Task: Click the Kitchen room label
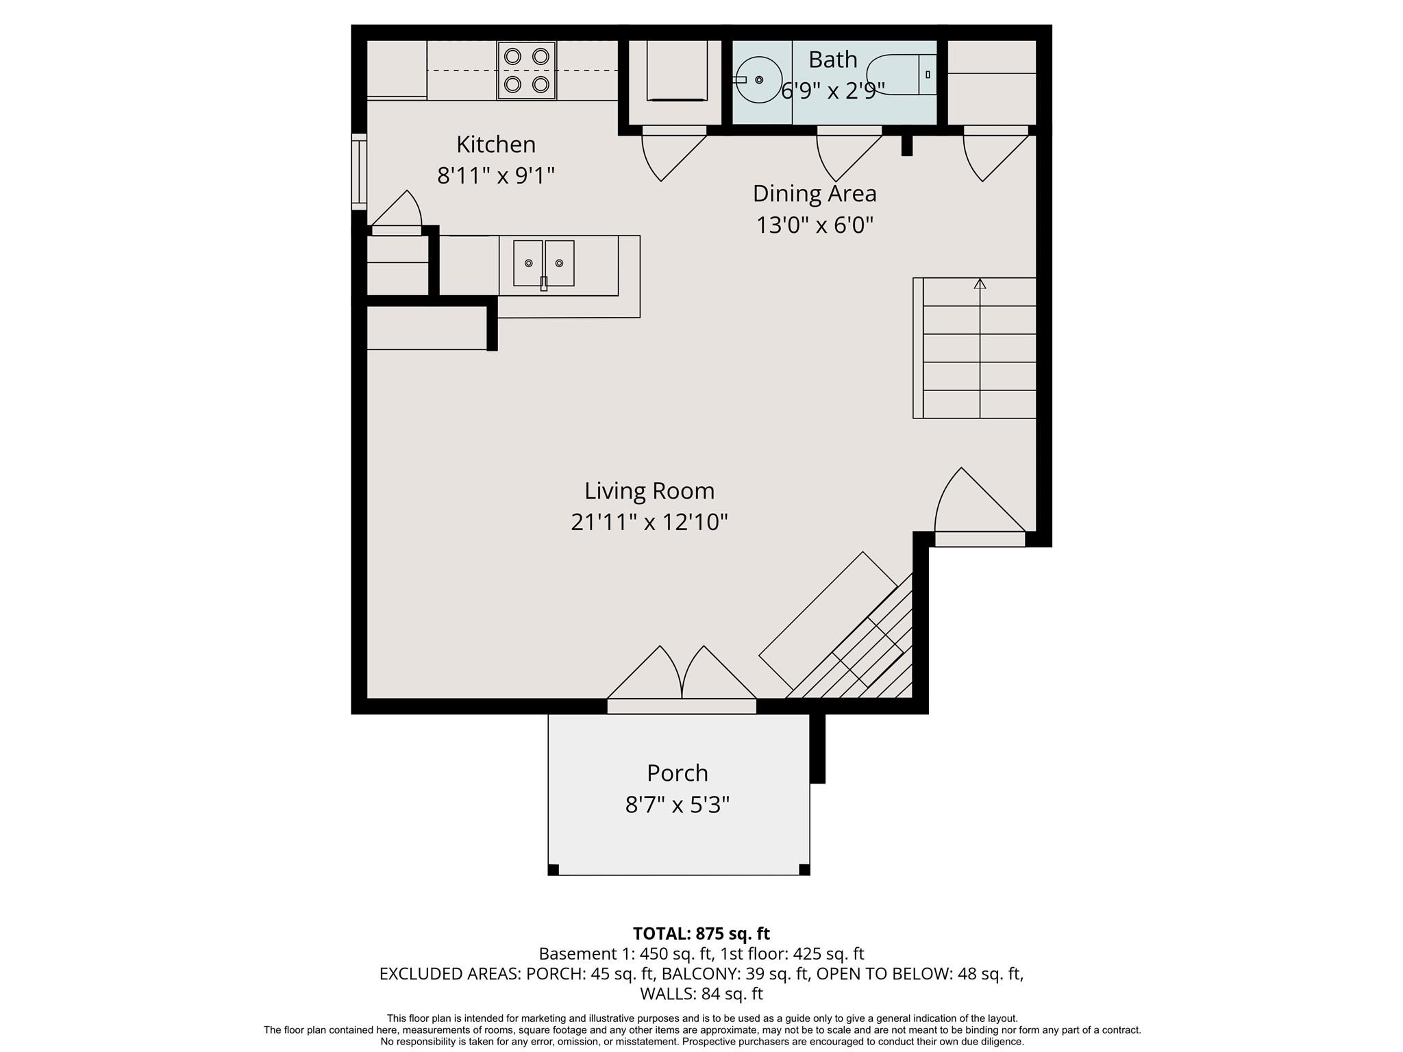496,145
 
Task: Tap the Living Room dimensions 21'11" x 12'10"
649,523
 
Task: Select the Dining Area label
815,194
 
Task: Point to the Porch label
678,773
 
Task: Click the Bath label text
832,60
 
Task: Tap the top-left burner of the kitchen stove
512,55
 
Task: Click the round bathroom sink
758,79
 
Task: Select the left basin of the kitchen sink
528,263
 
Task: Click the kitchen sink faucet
544,283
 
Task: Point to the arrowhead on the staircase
980,284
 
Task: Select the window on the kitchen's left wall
359,172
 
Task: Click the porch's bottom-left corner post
554,870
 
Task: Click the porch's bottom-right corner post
805,870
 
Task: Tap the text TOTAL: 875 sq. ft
701,934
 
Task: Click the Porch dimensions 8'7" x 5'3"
678,805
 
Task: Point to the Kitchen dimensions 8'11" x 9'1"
496,176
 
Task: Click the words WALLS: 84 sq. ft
701,993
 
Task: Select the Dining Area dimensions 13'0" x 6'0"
815,225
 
